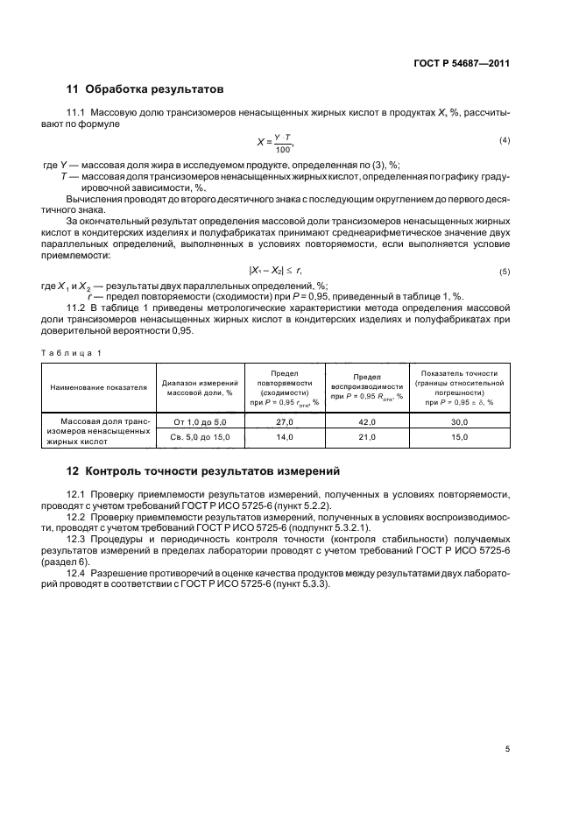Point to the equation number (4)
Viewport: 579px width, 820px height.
pos(505,141)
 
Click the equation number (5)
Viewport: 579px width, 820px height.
pos(505,272)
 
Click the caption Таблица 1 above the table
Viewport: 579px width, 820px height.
pos(72,352)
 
